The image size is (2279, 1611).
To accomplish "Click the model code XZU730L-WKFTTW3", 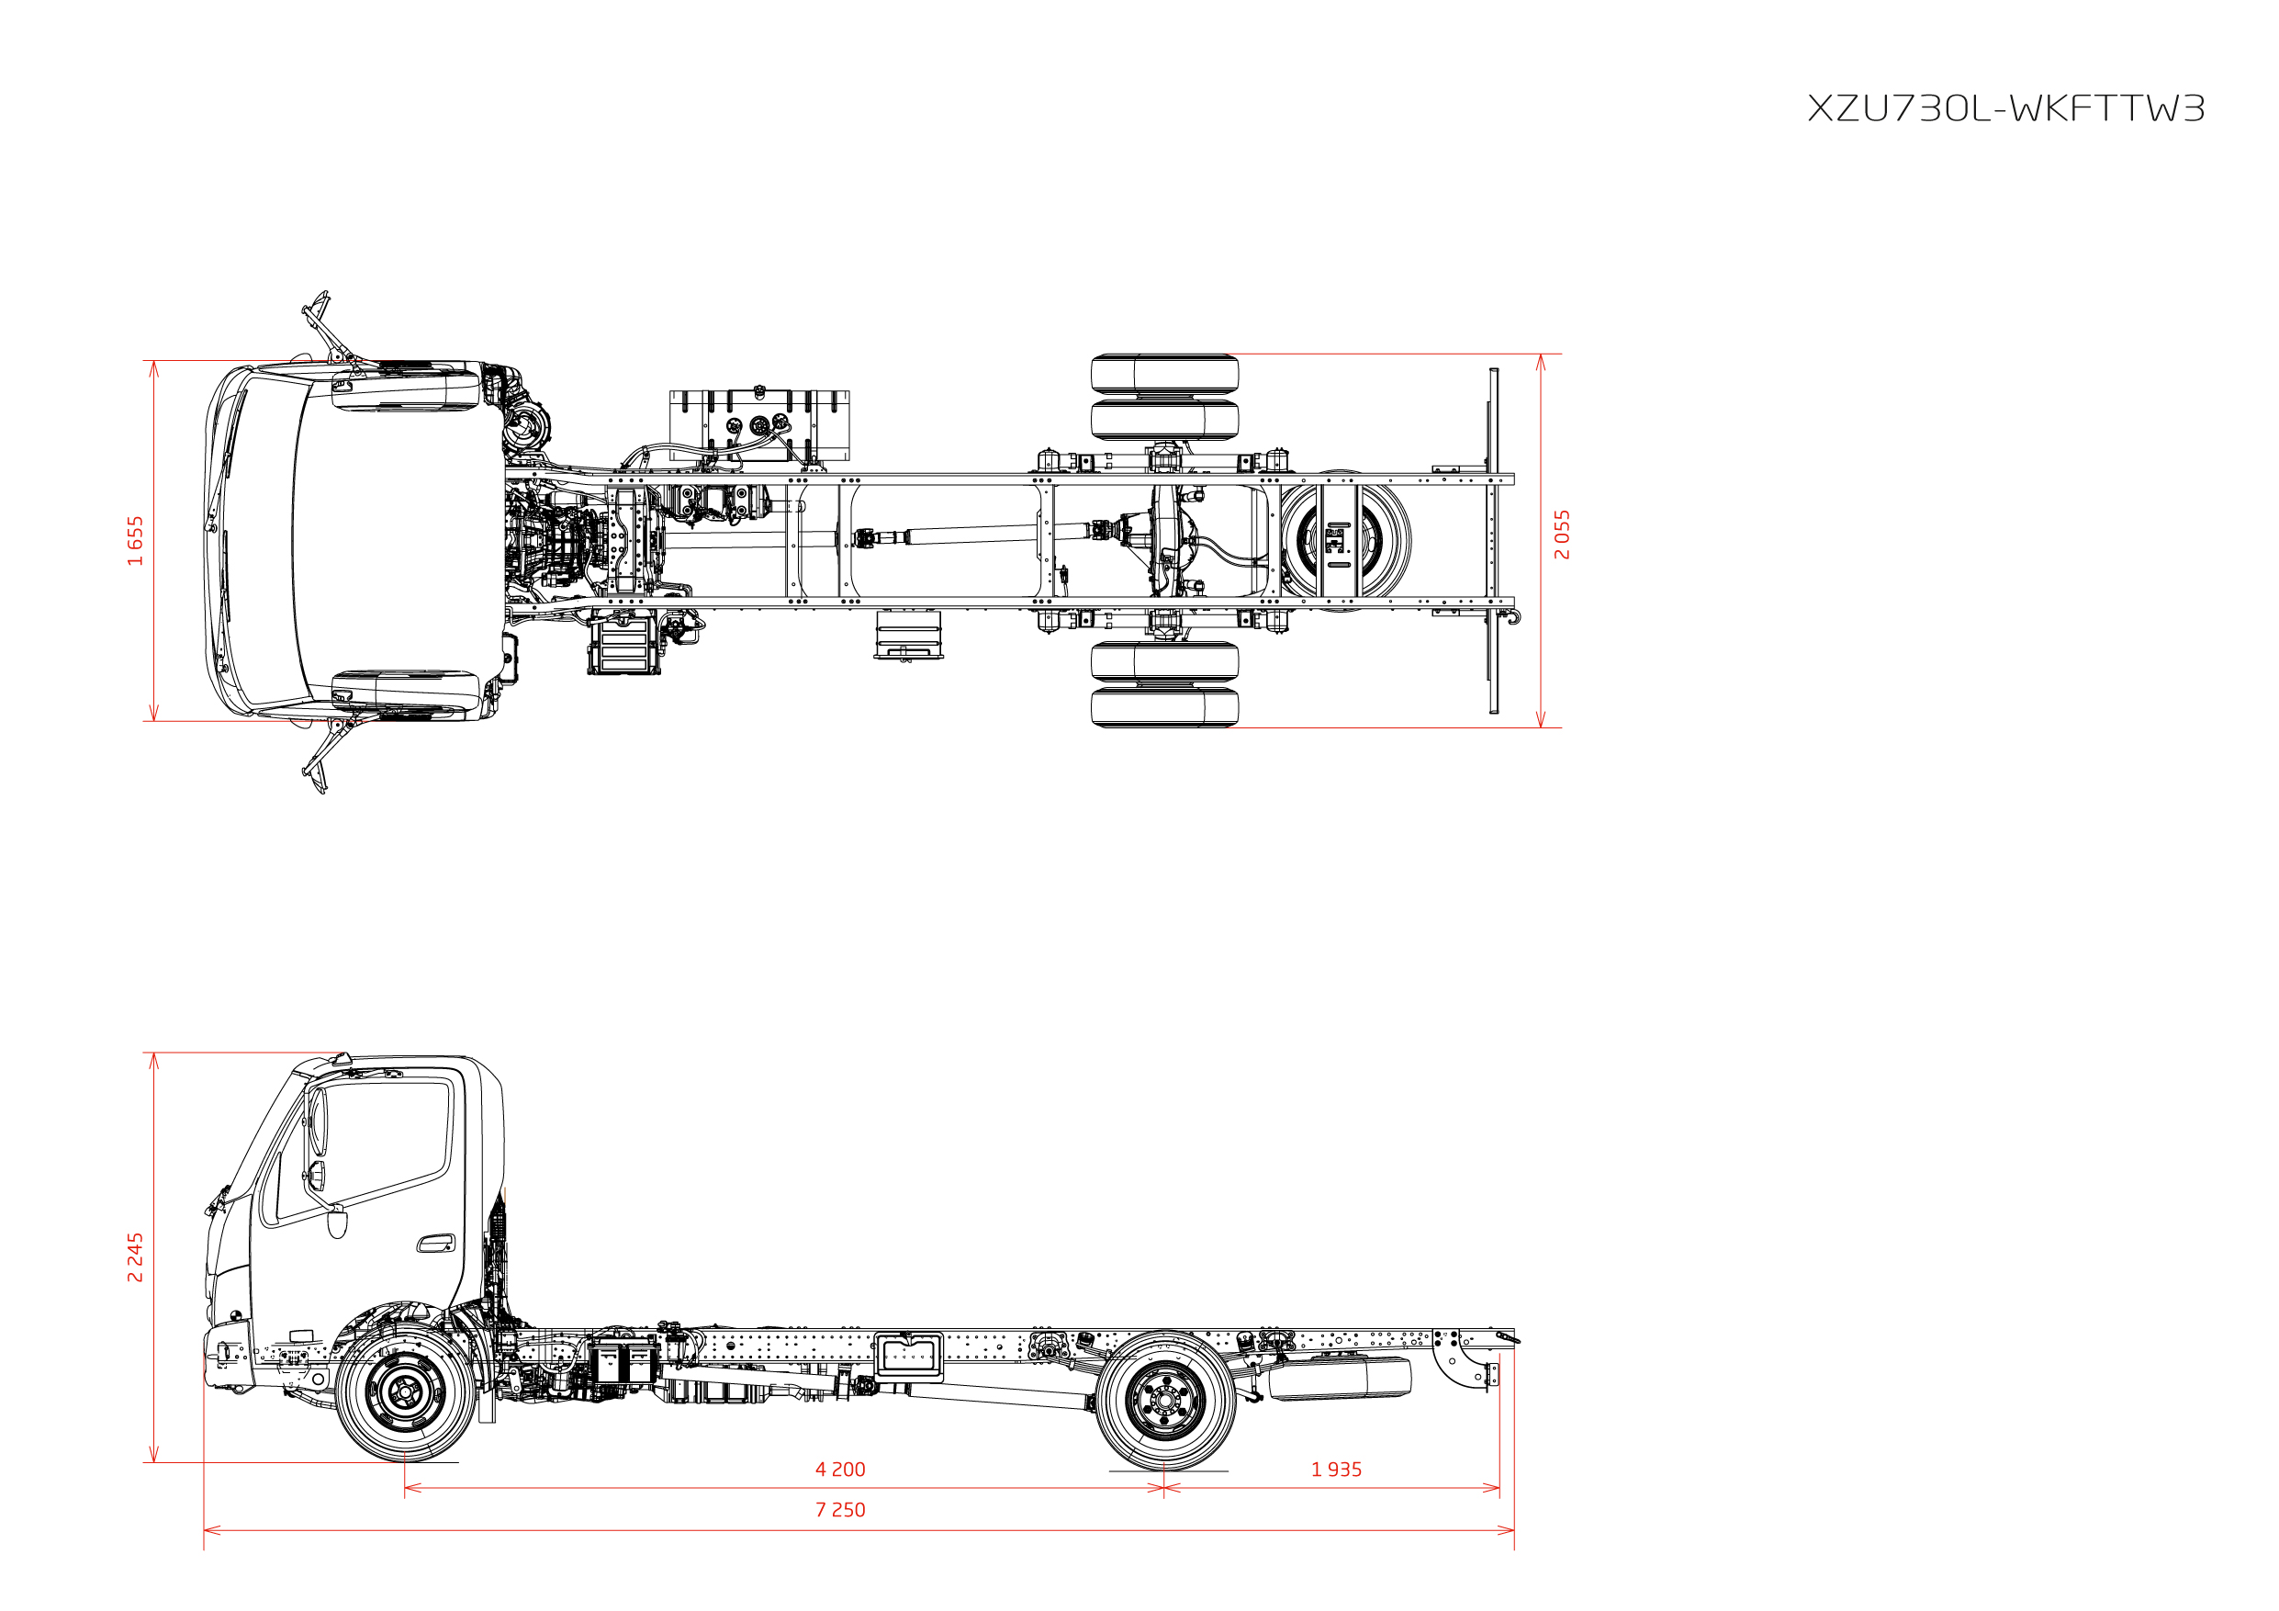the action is click(x=2005, y=108).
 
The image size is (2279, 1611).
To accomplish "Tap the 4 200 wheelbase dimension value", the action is click(x=840, y=1469).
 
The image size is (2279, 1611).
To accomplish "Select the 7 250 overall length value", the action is click(x=840, y=1510).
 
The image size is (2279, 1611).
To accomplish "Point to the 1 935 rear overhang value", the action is click(x=1336, y=1469).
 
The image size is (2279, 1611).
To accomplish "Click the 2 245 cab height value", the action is click(x=135, y=1257).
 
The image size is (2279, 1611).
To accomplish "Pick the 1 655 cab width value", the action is click(x=135, y=541).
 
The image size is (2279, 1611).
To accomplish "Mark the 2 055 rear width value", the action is click(x=1563, y=535).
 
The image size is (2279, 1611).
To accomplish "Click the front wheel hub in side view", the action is click(x=405, y=1392).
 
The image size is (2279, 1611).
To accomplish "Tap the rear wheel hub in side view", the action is click(x=1164, y=1401).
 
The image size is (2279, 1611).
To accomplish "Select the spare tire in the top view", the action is click(x=1344, y=541).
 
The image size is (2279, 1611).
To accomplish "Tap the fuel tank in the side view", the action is click(x=1340, y=1379).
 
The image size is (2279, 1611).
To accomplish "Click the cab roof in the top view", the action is click(x=397, y=541).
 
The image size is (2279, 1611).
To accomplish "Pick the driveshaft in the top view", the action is click(x=978, y=536).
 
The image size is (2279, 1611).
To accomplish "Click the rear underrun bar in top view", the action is click(x=1494, y=541).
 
